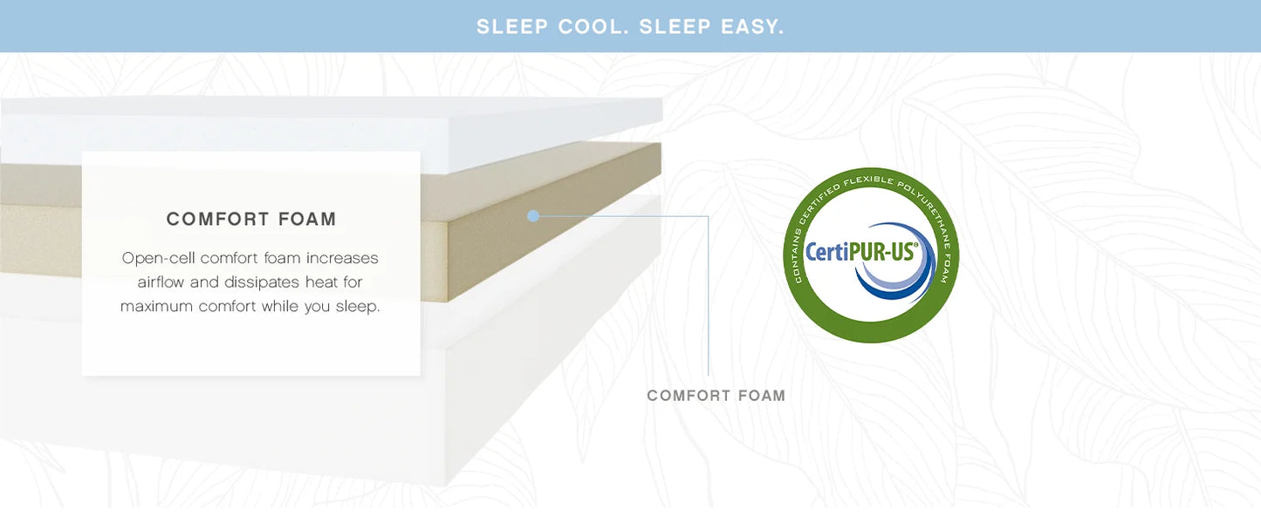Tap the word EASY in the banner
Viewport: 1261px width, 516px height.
752,27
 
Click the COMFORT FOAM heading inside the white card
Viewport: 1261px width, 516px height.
251,219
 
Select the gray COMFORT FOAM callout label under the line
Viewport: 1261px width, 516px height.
716,396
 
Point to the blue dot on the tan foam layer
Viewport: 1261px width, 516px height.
533,215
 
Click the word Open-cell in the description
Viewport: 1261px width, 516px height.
159,258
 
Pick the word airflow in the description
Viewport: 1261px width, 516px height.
161,282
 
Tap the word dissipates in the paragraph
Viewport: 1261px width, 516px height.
262,282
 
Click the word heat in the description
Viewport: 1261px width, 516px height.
320,282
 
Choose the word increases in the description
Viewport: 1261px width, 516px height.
342,258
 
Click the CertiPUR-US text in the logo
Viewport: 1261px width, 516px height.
860,252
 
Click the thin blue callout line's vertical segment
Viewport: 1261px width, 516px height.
709,296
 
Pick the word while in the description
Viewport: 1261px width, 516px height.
280,307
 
